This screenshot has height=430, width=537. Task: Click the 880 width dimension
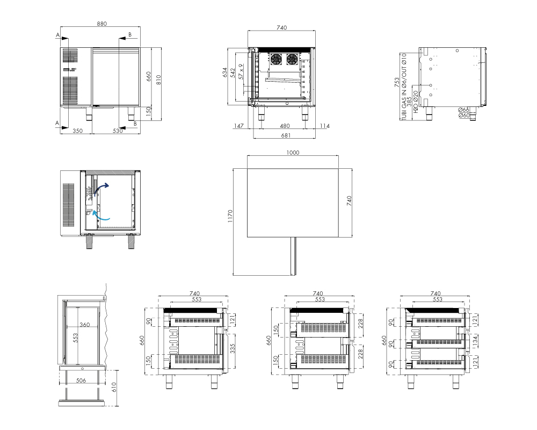click(x=101, y=24)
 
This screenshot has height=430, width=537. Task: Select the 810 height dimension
click(x=158, y=80)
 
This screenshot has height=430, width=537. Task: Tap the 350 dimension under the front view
click(x=78, y=131)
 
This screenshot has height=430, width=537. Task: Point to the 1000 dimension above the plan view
click(x=293, y=153)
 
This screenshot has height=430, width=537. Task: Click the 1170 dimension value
click(x=230, y=217)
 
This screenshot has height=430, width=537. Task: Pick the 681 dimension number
click(x=286, y=135)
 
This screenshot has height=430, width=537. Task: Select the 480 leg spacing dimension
click(x=285, y=126)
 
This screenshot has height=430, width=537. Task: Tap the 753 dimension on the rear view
click(x=397, y=82)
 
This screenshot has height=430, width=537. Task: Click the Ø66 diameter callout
click(x=464, y=110)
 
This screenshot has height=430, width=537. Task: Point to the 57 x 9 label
click(x=241, y=71)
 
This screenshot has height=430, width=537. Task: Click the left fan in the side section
click(x=275, y=59)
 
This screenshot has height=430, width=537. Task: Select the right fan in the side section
click(x=292, y=59)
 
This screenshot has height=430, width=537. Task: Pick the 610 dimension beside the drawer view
click(x=114, y=387)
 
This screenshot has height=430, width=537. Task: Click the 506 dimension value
click(x=81, y=380)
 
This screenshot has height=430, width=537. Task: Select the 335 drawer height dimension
click(x=233, y=349)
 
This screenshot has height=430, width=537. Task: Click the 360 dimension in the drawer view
click(x=85, y=325)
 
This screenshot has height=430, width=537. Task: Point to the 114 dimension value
click(x=325, y=126)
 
